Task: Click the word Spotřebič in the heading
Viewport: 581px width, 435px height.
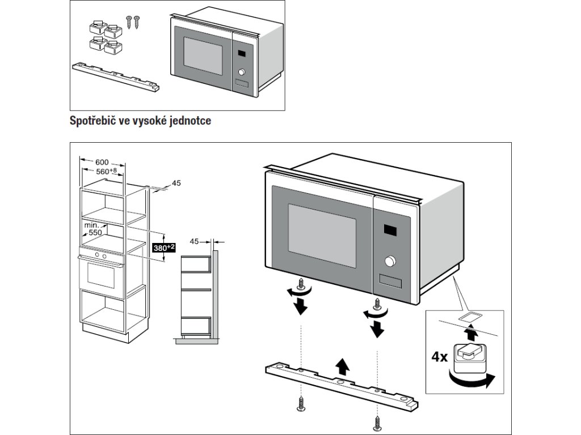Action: click(92, 121)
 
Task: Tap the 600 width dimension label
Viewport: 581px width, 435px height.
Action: click(102, 162)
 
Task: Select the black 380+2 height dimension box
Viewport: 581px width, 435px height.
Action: click(164, 248)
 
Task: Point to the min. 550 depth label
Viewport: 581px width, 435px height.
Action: click(93, 229)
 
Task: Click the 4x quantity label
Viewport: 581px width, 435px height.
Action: click(440, 357)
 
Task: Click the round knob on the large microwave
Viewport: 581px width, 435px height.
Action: click(390, 261)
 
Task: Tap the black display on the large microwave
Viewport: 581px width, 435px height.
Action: click(390, 230)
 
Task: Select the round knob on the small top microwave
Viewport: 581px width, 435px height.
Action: click(242, 72)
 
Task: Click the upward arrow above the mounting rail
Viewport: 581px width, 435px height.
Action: click(343, 366)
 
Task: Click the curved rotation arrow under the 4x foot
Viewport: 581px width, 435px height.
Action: click(471, 380)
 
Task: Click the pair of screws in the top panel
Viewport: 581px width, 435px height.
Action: click(133, 22)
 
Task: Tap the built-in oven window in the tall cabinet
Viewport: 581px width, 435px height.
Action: click(101, 276)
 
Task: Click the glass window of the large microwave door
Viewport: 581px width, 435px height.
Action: click(322, 236)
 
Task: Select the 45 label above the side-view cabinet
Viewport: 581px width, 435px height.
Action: click(195, 241)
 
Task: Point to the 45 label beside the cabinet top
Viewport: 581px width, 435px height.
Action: click(176, 183)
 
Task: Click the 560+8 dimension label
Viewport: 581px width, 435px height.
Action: click(106, 171)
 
